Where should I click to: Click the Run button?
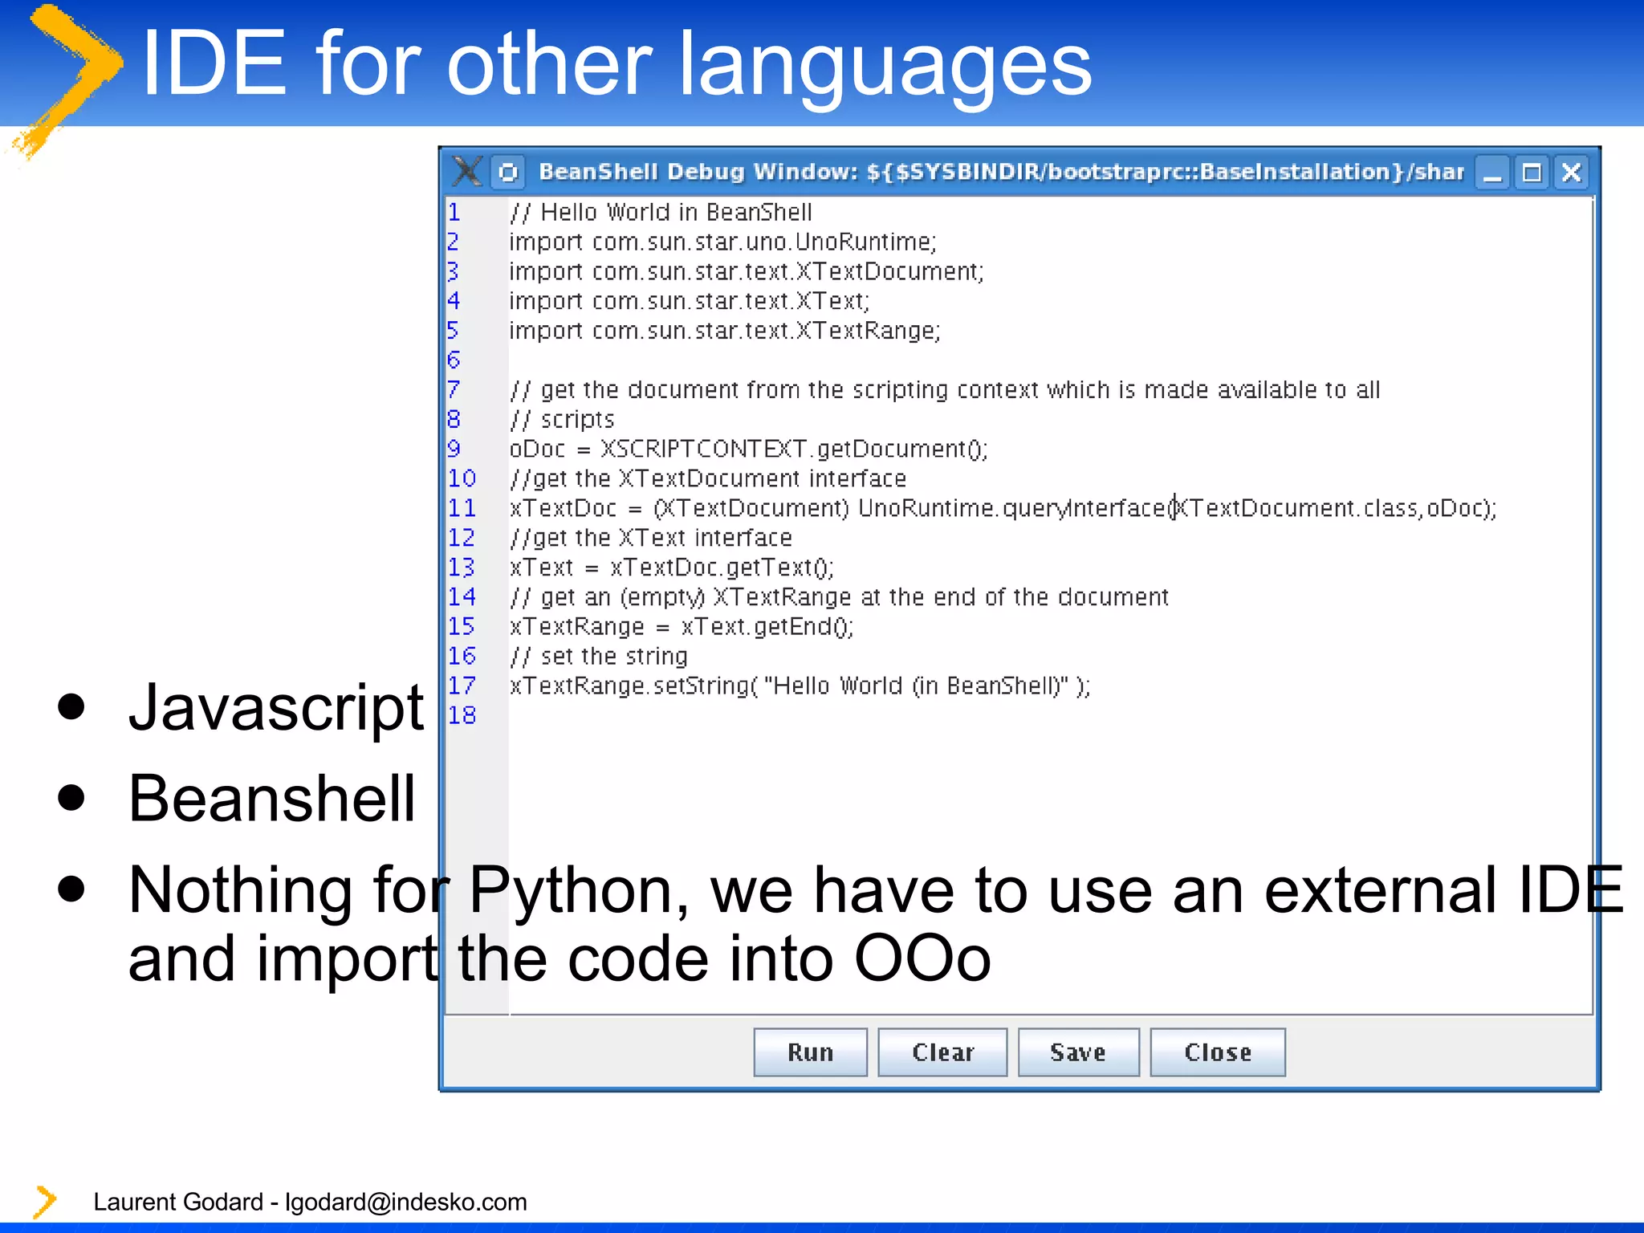[x=810, y=1052]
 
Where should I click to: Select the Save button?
[x=1077, y=1052]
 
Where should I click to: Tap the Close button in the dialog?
[x=1217, y=1052]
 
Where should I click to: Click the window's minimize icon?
[x=1493, y=173]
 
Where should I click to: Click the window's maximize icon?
[x=1532, y=173]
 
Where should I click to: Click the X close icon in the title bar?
[x=1571, y=173]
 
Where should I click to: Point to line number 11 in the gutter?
[x=462, y=508]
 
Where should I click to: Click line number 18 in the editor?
[x=462, y=715]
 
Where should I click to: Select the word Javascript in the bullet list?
[x=276, y=708]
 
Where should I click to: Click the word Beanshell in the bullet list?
[x=271, y=799]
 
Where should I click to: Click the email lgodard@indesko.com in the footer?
[x=405, y=1202]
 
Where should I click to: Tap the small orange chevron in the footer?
[x=45, y=1202]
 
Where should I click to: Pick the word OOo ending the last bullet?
[x=922, y=958]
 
